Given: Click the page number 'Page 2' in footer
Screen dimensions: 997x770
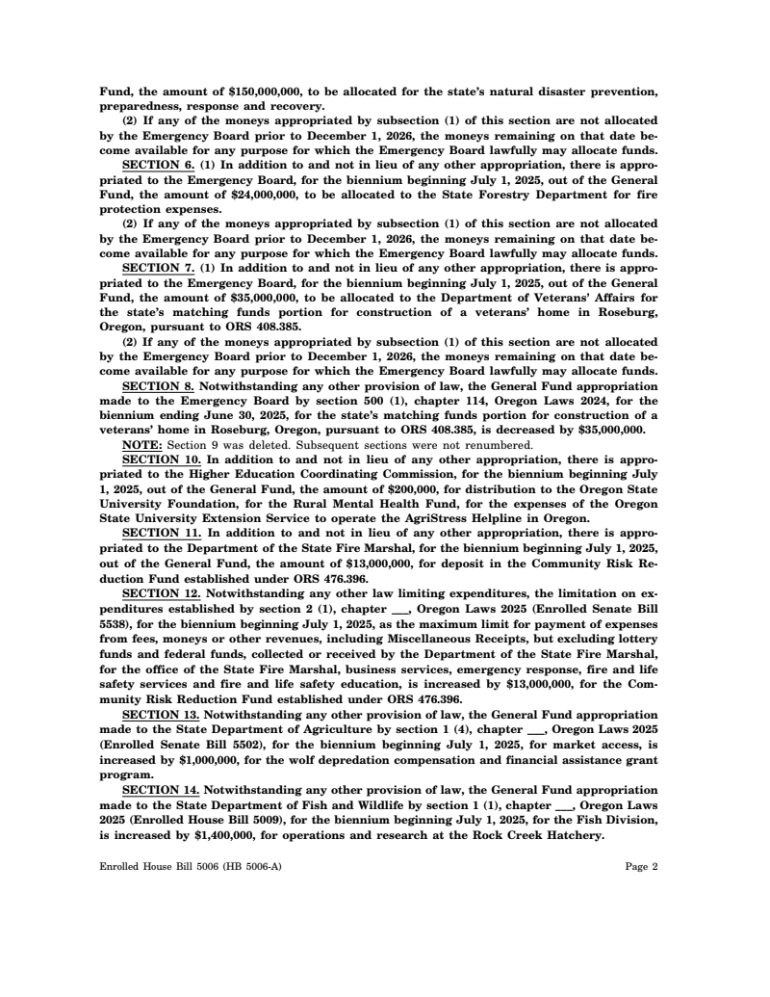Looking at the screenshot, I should point(641,866).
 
